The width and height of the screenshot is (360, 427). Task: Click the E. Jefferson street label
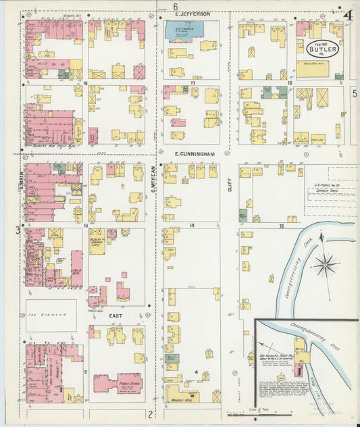pyautogui.click(x=193, y=14)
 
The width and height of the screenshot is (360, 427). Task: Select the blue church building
pyautogui.click(x=182, y=29)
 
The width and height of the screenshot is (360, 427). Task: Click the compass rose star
pyautogui.click(x=324, y=263)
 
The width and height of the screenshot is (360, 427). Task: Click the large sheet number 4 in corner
pyautogui.click(x=349, y=15)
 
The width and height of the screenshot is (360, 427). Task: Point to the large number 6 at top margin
pyautogui.click(x=174, y=5)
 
